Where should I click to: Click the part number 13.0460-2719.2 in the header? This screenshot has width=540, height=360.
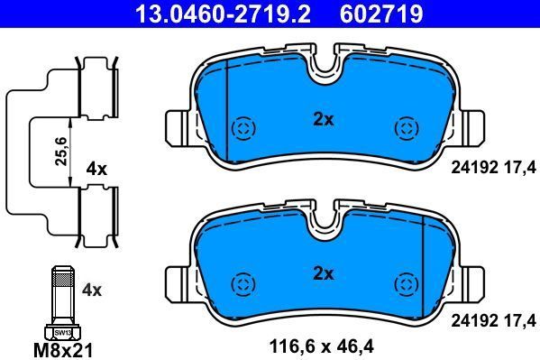click(224, 14)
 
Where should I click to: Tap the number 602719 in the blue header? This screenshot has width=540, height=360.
click(381, 14)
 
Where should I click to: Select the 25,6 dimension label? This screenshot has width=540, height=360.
click(61, 152)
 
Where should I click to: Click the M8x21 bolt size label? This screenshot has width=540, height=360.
click(63, 351)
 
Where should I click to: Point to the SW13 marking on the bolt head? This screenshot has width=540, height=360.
click(63, 333)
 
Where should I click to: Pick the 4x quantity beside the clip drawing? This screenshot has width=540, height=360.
click(96, 169)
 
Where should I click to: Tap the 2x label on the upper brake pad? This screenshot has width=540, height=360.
click(324, 120)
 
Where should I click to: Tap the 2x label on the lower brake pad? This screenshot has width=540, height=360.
click(324, 274)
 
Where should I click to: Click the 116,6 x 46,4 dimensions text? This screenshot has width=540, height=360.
click(322, 346)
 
